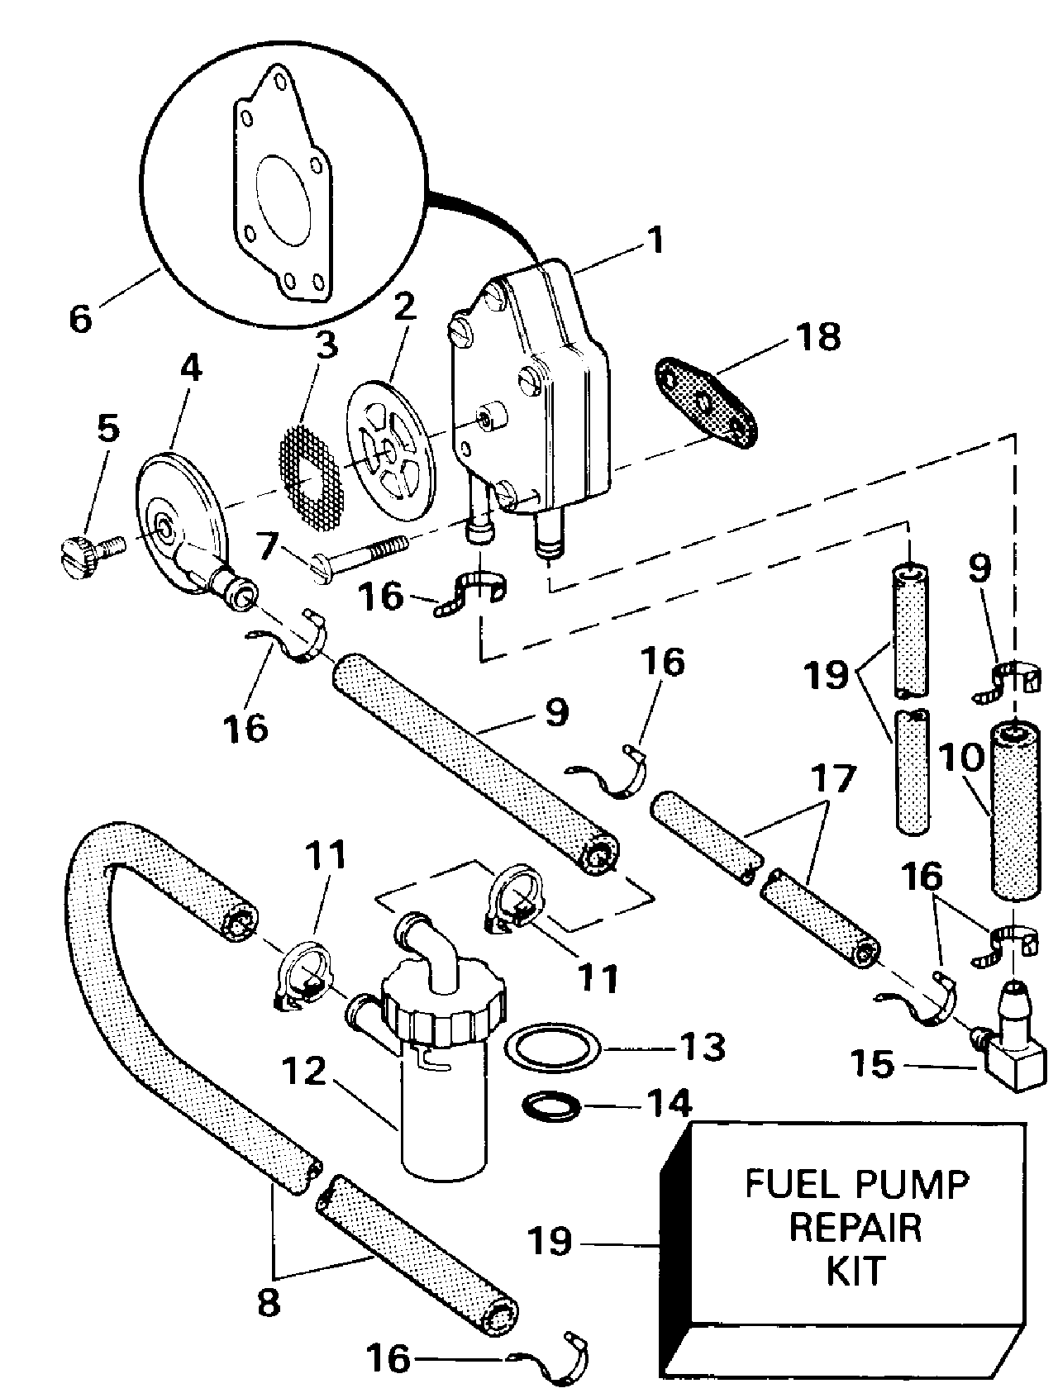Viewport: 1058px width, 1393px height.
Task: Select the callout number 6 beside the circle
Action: [x=80, y=317]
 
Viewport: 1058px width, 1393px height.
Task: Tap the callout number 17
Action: [x=832, y=778]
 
